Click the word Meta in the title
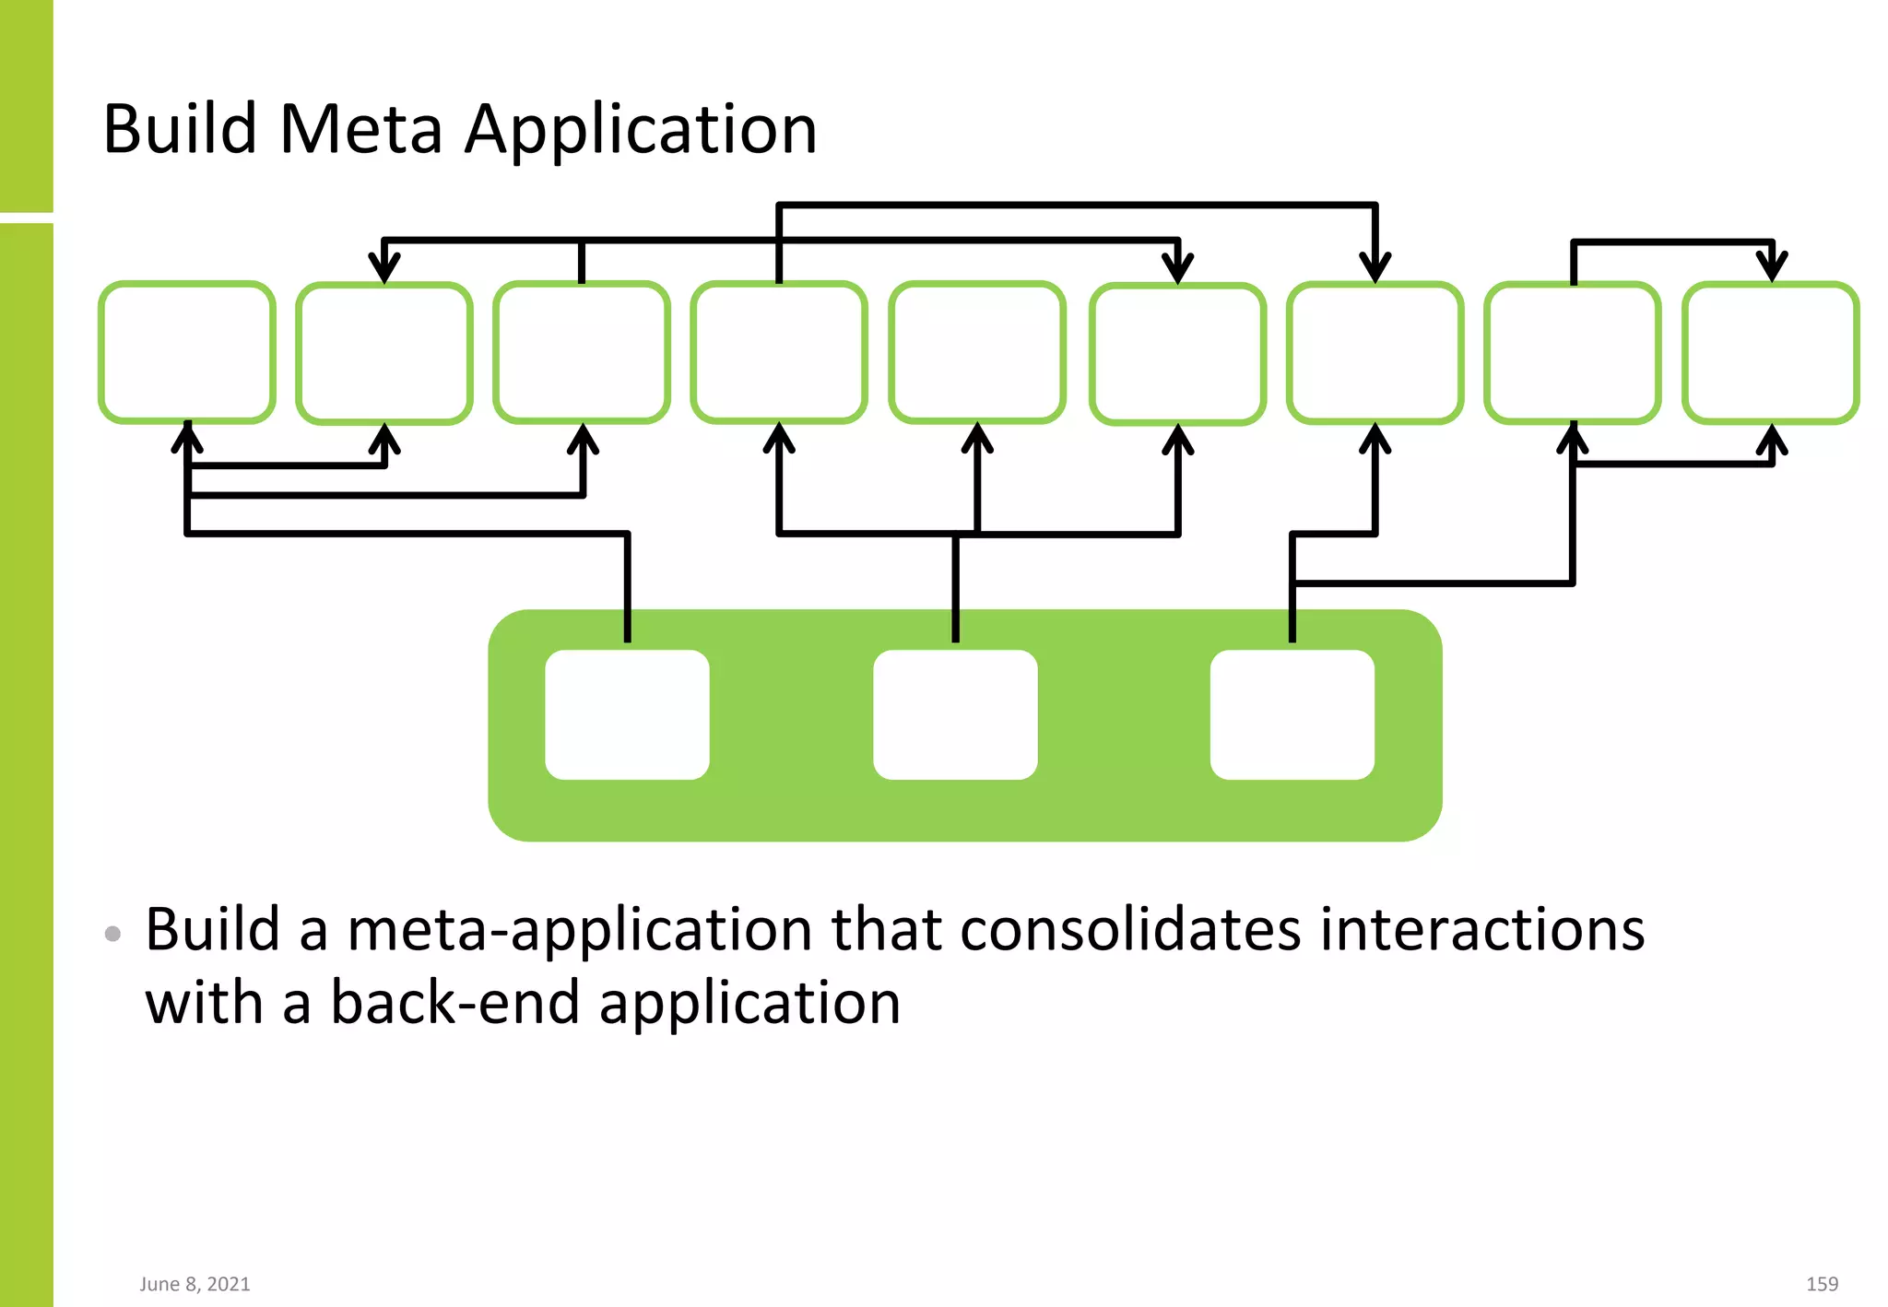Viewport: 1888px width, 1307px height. click(x=360, y=129)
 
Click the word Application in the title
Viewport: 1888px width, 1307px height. click(x=640, y=131)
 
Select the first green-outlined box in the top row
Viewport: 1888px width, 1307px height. click(x=187, y=352)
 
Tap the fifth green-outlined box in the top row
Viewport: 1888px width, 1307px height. click(x=977, y=352)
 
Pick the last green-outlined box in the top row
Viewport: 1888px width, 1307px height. click(x=1771, y=352)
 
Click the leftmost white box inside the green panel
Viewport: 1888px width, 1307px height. click(x=627, y=714)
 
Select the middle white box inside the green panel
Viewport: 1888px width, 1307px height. click(x=955, y=714)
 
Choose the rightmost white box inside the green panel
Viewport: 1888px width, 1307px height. click(x=1292, y=714)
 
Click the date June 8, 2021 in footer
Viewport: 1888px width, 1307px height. click(x=195, y=1284)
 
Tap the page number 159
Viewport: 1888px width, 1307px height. click(x=1822, y=1284)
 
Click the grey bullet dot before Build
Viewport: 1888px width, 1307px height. click(x=113, y=934)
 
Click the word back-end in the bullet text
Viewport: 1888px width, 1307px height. click(x=455, y=1003)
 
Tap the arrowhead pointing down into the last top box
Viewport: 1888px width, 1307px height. click(x=1771, y=267)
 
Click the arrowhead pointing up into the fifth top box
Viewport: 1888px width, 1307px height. click(x=977, y=439)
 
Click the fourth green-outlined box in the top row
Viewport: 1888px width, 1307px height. click(x=779, y=352)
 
